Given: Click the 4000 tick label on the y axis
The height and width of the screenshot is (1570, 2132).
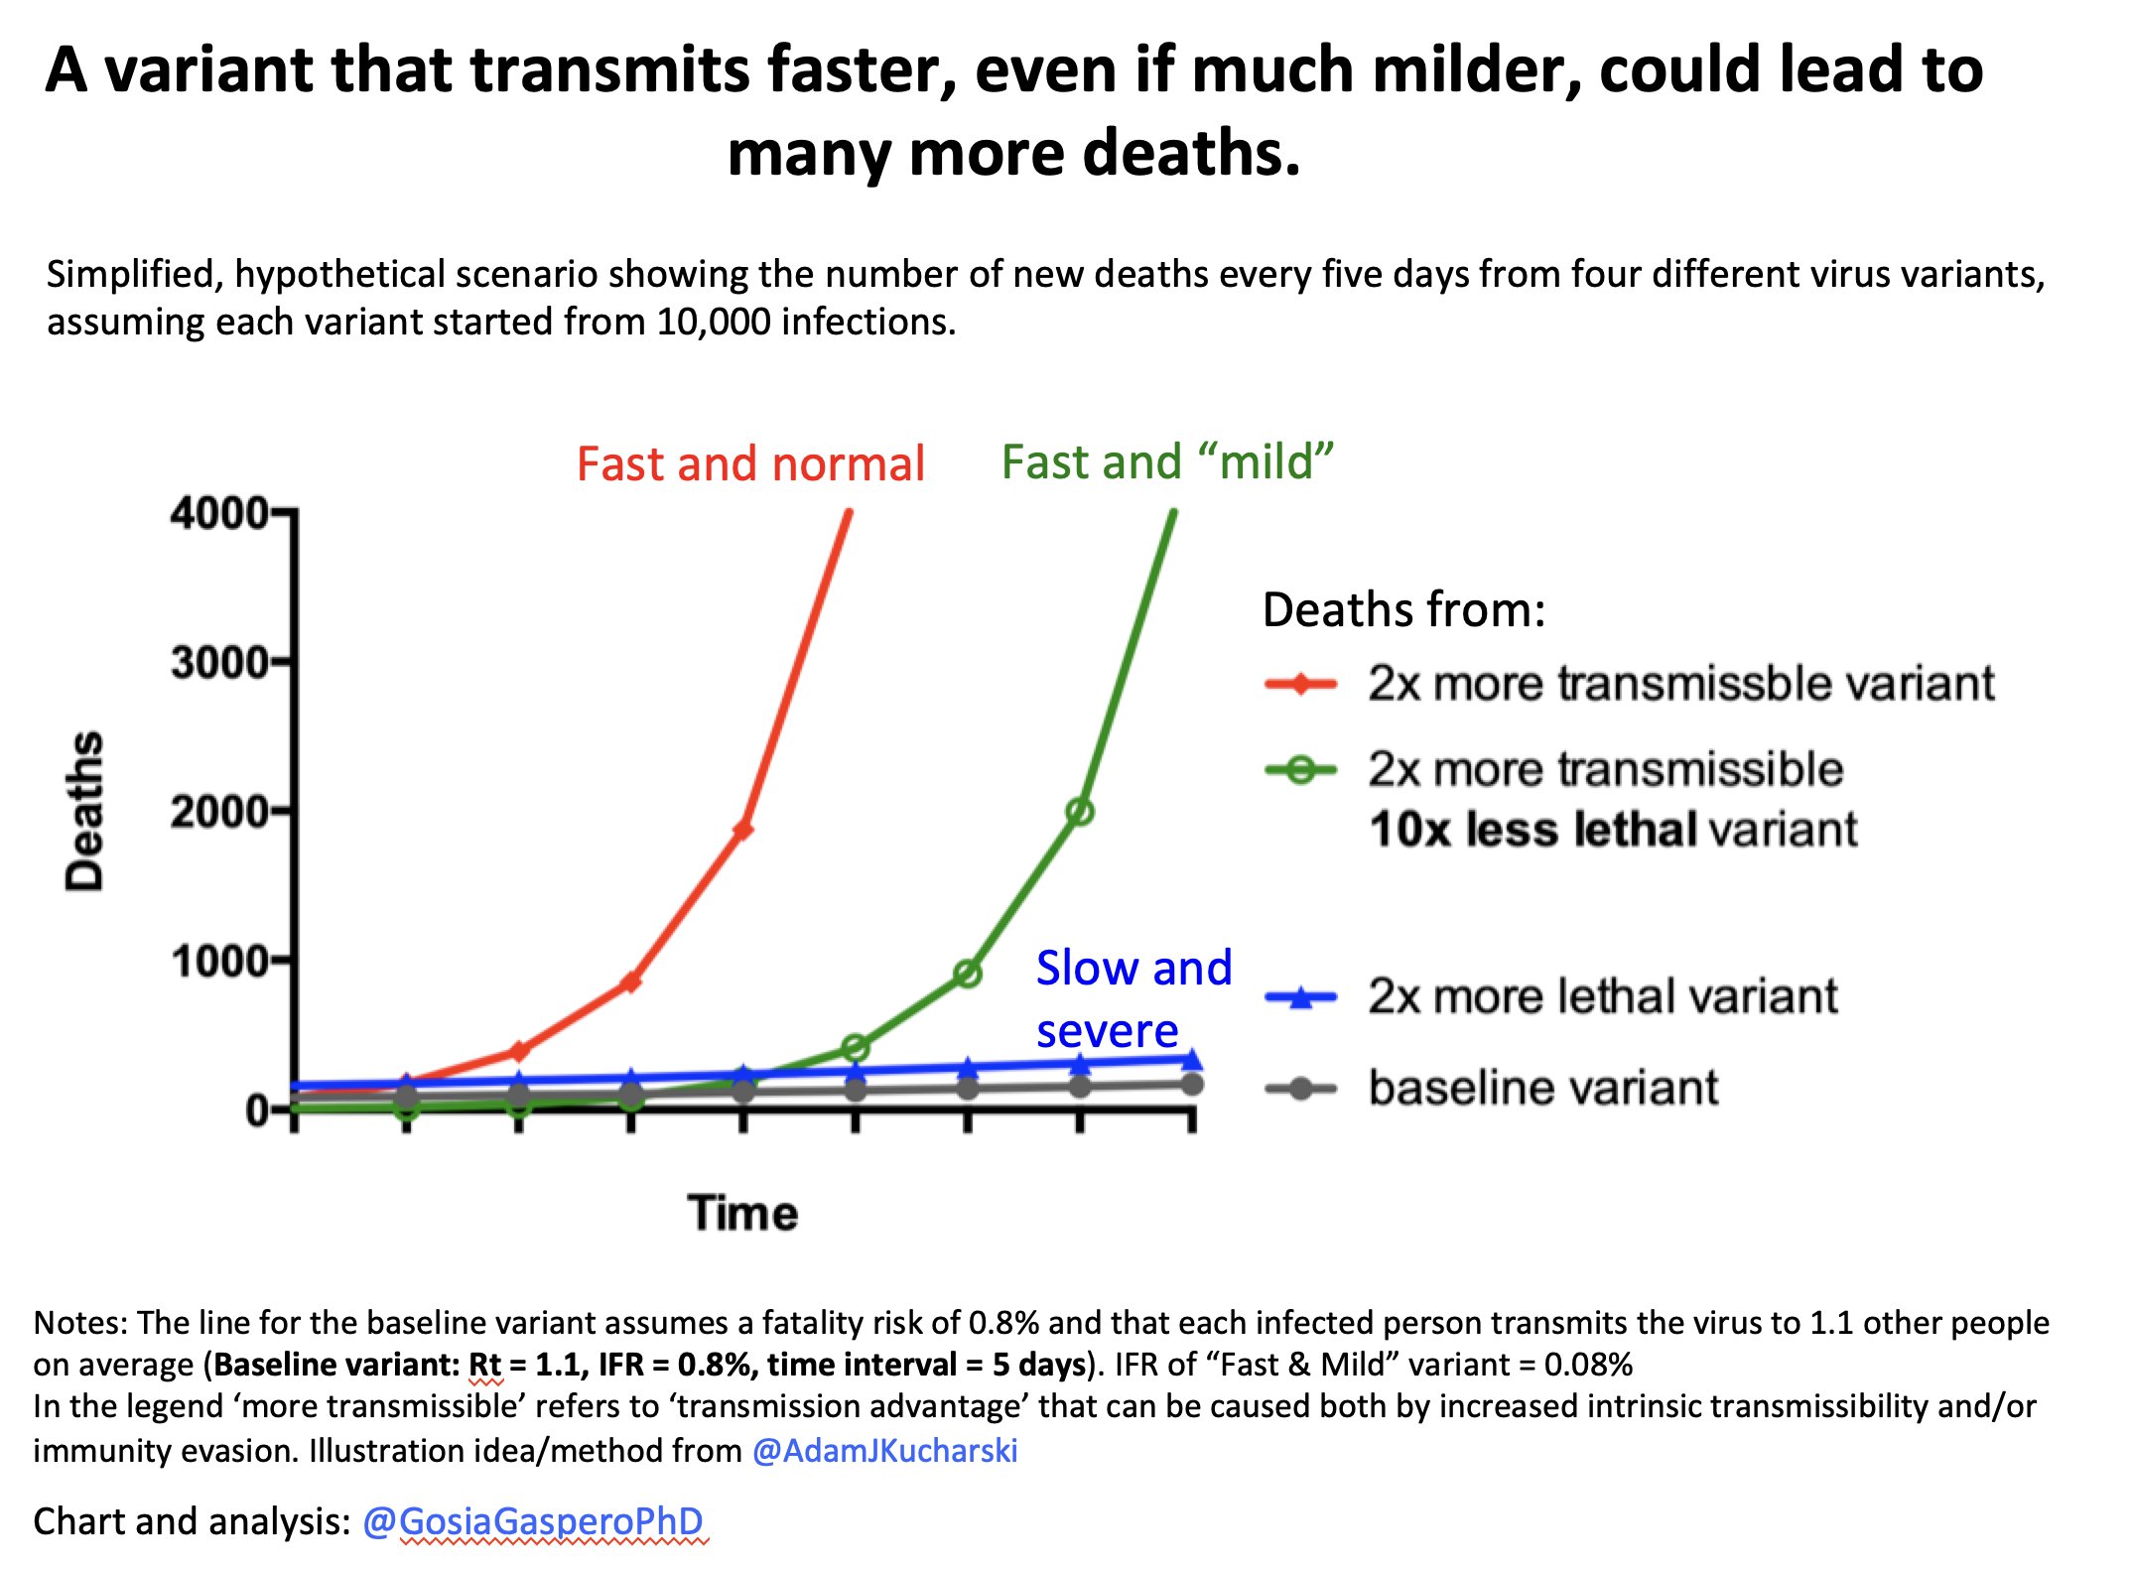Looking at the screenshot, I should tap(218, 514).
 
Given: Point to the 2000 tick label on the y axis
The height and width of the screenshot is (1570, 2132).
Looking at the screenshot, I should tap(218, 813).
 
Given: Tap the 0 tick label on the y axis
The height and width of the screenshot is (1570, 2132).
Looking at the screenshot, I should tap(256, 1111).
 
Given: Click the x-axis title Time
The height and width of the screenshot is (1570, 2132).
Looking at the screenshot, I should tap(742, 1213).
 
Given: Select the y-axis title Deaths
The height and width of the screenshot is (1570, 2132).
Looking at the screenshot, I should tap(85, 812).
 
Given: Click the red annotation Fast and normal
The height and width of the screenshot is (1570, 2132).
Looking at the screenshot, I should tap(750, 464).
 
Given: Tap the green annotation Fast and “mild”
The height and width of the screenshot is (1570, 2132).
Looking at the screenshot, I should tap(1167, 462).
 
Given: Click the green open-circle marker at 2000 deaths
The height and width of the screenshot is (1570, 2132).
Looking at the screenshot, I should tap(1080, 812).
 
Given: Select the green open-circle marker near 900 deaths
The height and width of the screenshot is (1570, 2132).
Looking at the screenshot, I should tap(968, 975).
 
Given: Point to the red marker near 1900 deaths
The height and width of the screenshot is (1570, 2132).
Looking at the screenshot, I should tap(742, 830).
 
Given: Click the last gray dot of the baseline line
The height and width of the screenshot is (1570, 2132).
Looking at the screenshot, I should tap(1192, 1084).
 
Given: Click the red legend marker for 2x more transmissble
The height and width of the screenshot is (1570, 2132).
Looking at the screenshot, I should tap(1301, 684).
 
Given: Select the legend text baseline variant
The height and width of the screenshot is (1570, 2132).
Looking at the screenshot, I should tap(1542, 1088).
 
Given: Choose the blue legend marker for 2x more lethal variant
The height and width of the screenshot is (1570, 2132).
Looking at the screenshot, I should tap(1301, 997).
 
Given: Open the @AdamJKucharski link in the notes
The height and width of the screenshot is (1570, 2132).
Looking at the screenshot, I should tap(884, 1451).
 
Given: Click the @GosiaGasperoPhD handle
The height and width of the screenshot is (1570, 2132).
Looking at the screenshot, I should tap(533, 1521).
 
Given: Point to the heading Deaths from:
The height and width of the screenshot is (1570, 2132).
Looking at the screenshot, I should tap(1403, 609).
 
